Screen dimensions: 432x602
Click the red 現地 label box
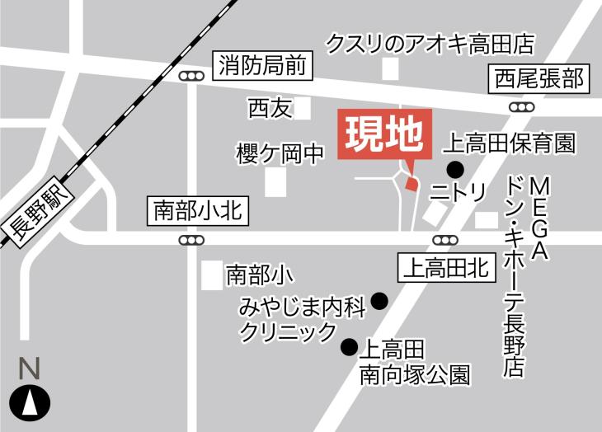385,134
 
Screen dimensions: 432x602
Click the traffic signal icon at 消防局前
192,77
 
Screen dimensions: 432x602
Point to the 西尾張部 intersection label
539,79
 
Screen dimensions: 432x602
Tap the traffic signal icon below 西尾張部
521,107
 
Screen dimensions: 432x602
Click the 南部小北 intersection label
196,211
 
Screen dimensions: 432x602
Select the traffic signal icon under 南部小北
192,240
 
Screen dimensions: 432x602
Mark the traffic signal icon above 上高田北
445,240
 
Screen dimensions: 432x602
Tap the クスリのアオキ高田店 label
430,42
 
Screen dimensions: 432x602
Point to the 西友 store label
270,108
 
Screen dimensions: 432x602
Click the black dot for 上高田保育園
454,170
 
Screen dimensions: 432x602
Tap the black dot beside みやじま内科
379,301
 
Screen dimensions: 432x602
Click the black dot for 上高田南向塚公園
350,347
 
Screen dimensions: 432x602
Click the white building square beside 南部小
212,275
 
